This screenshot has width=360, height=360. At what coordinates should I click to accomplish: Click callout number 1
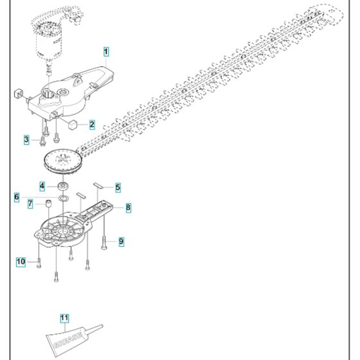[x=105, y=50]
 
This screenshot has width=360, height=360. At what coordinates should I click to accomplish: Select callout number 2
[x=92, y=124]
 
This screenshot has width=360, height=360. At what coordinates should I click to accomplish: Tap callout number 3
[x=26, y=139]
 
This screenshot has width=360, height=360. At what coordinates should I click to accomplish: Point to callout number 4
[x=42, y=186]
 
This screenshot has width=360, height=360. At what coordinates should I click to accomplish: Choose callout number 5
[x=118, y=187]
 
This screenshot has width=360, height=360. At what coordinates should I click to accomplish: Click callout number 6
[x=17, y=196]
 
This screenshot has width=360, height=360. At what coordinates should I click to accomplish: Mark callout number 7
[x=30, y=204]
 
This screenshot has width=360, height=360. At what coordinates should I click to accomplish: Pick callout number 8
[x=128, y=207]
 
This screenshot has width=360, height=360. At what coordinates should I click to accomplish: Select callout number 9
[x=120, y=242]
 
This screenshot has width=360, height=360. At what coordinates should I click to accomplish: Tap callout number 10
[x=21, y=261]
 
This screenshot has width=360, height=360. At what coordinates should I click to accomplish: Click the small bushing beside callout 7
[x=47, y=204]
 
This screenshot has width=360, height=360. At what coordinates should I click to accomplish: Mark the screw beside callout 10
[x=39, y=262]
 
